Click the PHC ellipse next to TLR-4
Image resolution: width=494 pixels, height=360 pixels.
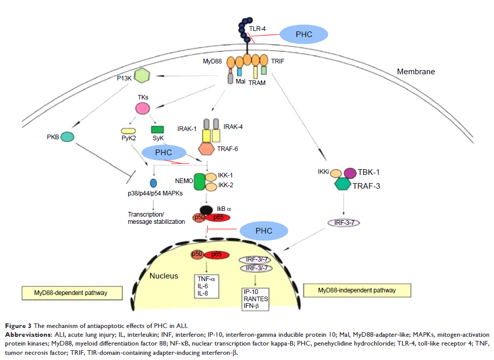click(304, 34)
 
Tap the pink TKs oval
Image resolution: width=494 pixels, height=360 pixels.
click(143, 108)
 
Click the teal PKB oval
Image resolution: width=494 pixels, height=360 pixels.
click(68, 137)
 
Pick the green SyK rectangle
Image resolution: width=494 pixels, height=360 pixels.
click(157, 130)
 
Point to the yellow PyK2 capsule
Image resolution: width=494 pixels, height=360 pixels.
click(128, 132)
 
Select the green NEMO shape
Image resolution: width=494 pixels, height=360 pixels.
click(200, 182)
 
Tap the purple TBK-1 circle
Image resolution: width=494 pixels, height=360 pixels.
click(350, 173)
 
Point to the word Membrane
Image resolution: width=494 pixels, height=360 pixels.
click(416, 72)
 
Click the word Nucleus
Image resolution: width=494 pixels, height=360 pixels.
click(164, 276)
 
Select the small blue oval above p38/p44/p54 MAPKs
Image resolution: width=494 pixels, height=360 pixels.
click(153, 183)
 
